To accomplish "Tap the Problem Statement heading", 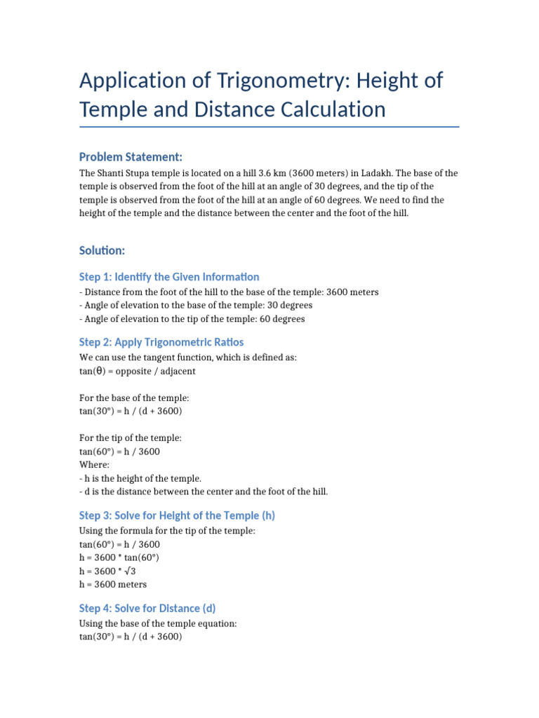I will [x=131, y=156].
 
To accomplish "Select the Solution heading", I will [x=102, y=250].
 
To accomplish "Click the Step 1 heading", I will [x=169, y=277].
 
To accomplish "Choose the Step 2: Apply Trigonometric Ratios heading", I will [x=161, y=342].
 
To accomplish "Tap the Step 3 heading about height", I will [x=177, y=515].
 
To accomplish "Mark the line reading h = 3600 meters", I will [x=113, y=584].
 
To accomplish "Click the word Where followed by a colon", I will [x=93, y=464].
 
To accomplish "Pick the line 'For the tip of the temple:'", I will [x=131, y=438].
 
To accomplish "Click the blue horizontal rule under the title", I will [x=269, y=127].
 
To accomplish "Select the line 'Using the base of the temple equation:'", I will [x=159, y=623].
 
